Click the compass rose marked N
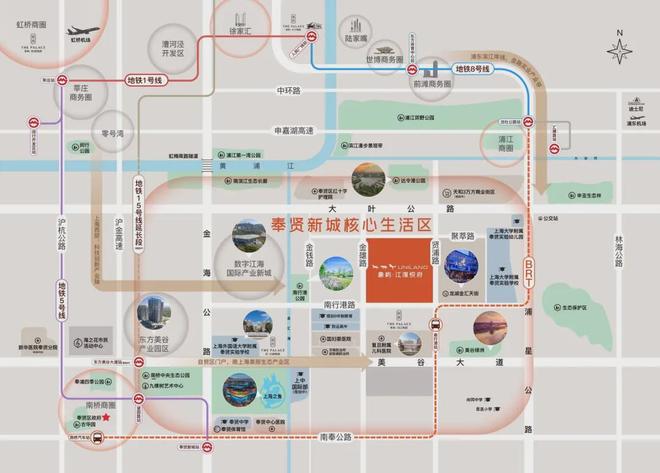pos(620,49)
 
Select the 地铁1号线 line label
pos(144,79)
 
